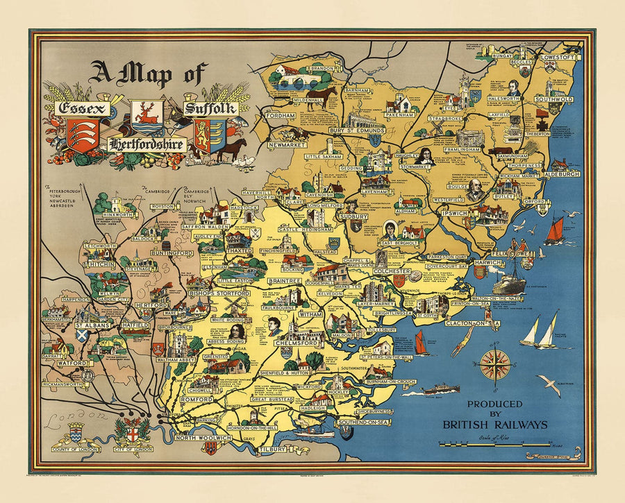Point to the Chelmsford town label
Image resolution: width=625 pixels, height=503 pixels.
pos(297,343)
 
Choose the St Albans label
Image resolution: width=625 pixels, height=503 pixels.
pos(90,325)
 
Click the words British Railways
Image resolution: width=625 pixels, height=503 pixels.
pos(497,425)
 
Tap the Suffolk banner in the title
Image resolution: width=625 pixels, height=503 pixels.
pos(210,109)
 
